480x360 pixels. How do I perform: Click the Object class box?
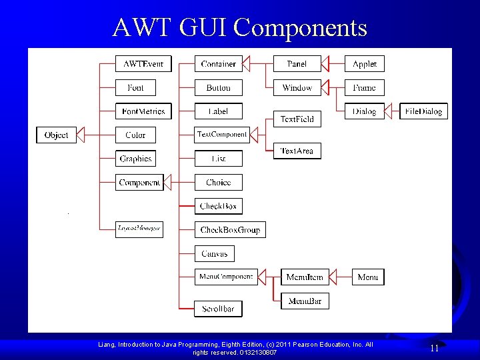[56, 135]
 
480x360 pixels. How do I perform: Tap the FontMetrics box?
[143, 111]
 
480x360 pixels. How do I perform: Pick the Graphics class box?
[135, 159]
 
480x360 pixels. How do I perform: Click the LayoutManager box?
[139, 229]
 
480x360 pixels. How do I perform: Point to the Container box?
[219, 64]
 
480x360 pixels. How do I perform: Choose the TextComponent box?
[221, 135]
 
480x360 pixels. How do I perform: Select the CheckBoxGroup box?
[230, 229]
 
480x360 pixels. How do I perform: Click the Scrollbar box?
[218, 309]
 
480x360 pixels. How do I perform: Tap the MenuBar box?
[305, 301]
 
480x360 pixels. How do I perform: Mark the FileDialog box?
[423, 111]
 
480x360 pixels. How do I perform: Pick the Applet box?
[364, 64]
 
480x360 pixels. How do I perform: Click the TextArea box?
[297, 151]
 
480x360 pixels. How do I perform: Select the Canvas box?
[214, 253]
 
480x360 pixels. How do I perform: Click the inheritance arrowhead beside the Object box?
[81, 135]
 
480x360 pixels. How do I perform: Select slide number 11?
[434, 348]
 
